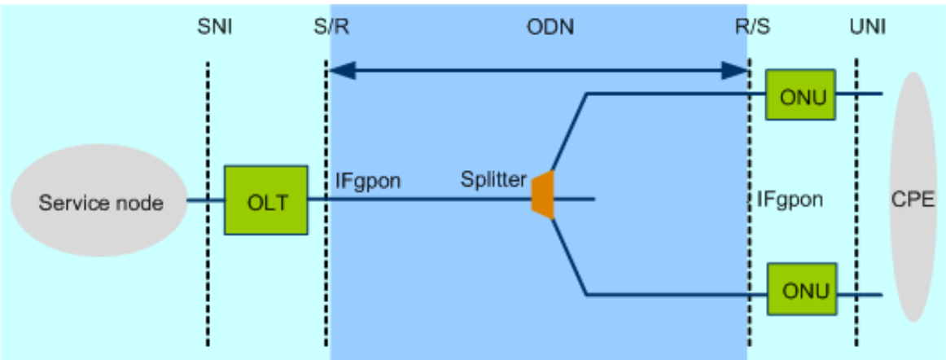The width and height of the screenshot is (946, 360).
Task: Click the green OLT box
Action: coord(266,200)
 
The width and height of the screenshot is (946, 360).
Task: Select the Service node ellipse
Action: coord(100,202)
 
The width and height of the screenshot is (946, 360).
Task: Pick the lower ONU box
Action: coord(801,289)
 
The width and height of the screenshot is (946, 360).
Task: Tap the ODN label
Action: coord(550,29)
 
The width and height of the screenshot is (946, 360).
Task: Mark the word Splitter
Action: coord(493,179)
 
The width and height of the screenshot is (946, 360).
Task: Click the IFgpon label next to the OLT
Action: coord(368,179)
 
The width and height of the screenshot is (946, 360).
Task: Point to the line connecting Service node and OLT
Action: coord(206,200)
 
